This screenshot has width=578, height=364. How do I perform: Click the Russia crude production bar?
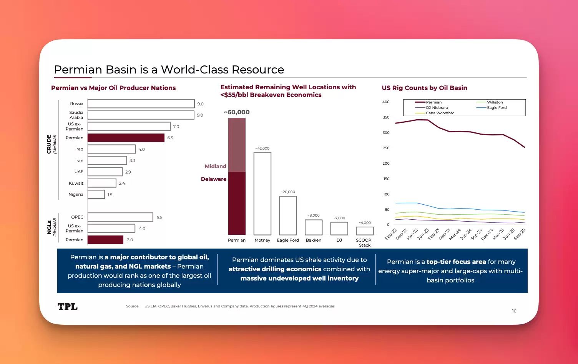[141, 104]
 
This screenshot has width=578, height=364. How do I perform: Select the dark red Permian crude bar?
[126, 138]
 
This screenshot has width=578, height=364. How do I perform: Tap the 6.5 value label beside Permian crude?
[170, 138]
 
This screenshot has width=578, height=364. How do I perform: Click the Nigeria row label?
[76, 195]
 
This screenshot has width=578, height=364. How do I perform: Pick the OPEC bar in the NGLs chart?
[120, 217]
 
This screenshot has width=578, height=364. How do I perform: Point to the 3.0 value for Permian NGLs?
[130, 240]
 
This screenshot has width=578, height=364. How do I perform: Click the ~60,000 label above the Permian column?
[237, 112]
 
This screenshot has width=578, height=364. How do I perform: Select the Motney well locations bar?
[262, 194]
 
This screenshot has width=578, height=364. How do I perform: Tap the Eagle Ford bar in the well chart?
[288, 215]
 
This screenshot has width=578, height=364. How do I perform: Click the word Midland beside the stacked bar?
[216, 167]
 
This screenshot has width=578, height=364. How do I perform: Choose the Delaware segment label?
[214, 179]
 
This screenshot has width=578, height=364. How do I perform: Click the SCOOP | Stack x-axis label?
[365, 243]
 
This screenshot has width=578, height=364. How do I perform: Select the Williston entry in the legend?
[495, 102]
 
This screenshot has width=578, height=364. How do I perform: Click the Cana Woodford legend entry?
[440, 113]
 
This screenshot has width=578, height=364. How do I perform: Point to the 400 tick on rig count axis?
[386, 102]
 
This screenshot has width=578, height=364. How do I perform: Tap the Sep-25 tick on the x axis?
[520, 234]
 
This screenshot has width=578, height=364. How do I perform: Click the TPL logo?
[68, 307]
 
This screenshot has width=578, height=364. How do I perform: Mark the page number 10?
[514, 311]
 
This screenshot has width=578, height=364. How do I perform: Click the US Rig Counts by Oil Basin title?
[424, 88]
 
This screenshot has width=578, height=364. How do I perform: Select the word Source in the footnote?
[133, 307]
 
